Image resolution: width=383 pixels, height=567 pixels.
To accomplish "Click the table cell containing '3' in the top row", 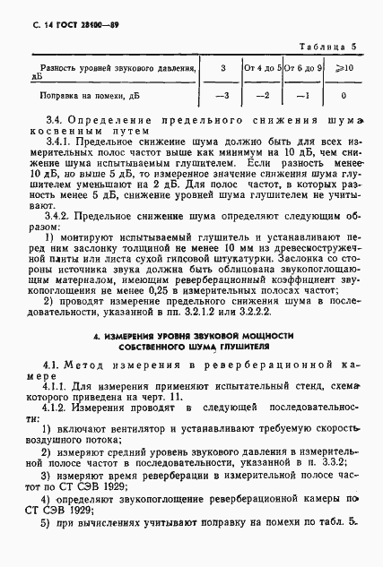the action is coord(222,66).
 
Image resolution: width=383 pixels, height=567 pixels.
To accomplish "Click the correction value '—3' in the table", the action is coord(222,94).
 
